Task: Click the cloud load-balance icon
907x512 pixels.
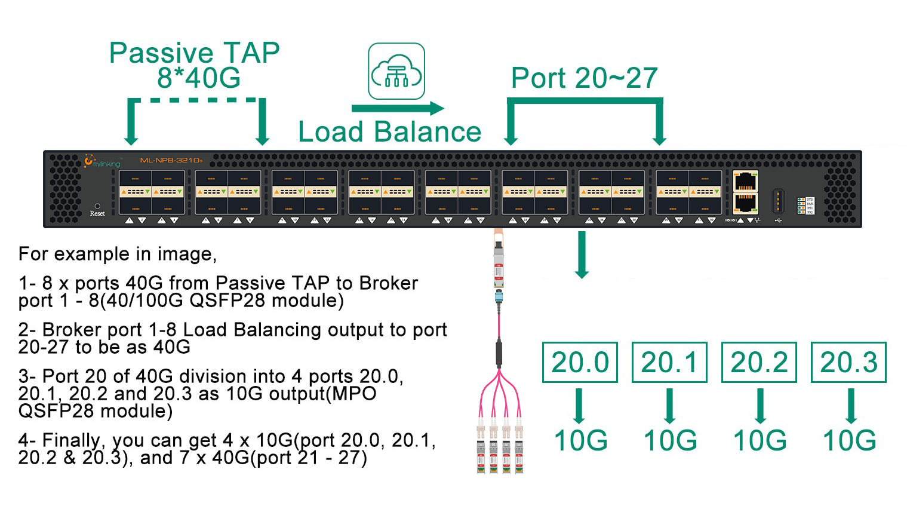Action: pos(396,71)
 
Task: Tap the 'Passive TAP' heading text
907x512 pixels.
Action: pos(194,53)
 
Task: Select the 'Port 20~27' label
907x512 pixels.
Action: pos(584,78)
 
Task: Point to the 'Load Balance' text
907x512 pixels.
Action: pos(389,132)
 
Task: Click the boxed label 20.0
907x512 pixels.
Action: pos(580,362)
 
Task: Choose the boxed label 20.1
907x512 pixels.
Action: pos(669,362)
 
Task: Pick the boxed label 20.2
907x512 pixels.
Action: pos(759,362)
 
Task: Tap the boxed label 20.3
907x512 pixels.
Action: pos(848,362)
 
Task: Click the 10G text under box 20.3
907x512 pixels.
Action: pos(849,441)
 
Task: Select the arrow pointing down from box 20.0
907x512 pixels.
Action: pos(579,406)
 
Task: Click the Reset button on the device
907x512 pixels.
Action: pos(97,206)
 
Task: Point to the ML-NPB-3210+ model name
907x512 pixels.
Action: pos(171,160)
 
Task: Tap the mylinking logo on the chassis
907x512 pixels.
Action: pos(102,161)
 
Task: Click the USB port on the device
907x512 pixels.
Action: pos(777,201)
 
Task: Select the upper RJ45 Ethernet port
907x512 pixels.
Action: pos(745,181)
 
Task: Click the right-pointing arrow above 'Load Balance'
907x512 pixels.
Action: pos(398,109)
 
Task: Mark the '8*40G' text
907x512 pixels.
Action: pos(199,78)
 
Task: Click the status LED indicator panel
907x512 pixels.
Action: pos(805,206)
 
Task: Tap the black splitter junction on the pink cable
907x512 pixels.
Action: pos(499,353)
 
